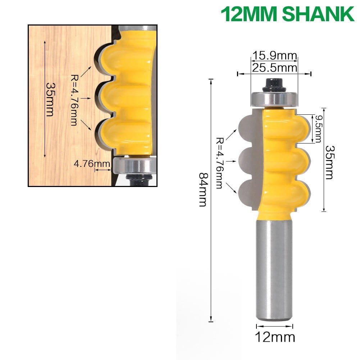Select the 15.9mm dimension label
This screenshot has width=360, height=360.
coord(274,56)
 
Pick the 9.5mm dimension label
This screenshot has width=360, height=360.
coord(317,129)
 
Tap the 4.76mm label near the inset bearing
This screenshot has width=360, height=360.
coord(92,164)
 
